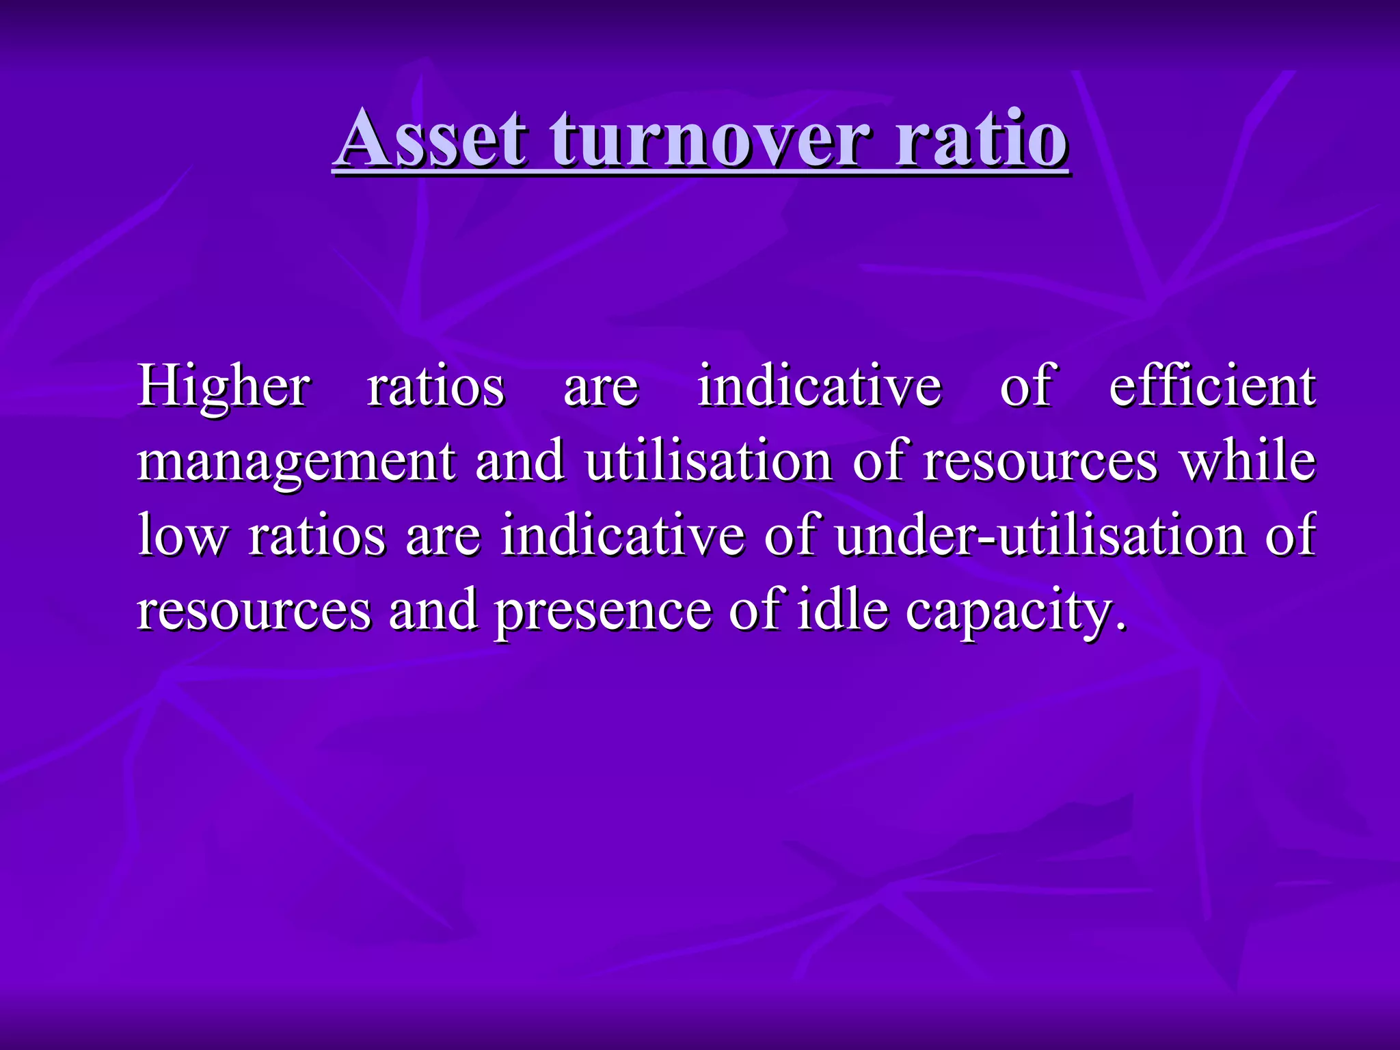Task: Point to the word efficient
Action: [1212, 386]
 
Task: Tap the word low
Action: [180, 535]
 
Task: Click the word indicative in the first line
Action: [819, 386]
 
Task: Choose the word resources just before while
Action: [1040, 461]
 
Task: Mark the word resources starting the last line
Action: [254, 610]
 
